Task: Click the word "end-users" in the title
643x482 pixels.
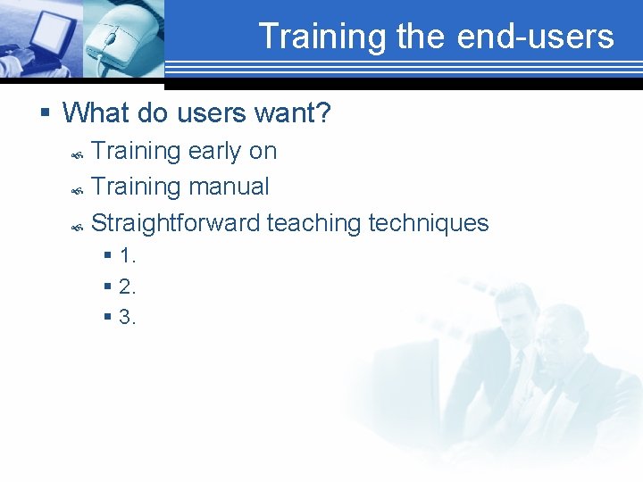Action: point(535,37)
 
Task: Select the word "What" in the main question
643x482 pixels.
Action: point(93,112)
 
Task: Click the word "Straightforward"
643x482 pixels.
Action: point(176,222)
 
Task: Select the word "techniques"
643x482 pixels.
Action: point(429,222)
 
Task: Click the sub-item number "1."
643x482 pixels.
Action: point(127,256)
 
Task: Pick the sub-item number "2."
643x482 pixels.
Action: point(127,287)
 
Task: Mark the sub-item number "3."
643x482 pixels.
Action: point(127,317)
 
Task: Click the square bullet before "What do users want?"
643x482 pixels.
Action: point(45,113)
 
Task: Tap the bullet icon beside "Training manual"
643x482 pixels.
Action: point(78,189)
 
